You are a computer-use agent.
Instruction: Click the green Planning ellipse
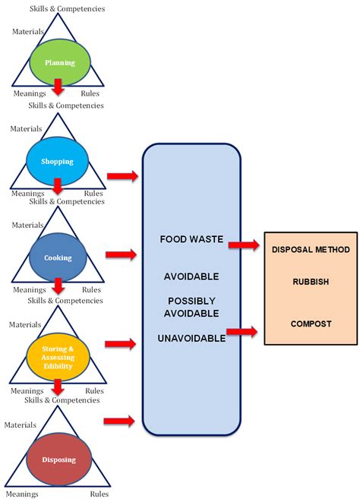coord(59,63)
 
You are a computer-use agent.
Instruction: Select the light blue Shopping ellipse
coord(58,161)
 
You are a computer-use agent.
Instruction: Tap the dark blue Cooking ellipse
coord(58,257)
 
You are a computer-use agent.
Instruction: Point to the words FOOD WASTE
coord(191,238)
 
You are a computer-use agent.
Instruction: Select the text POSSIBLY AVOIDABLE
coord(194,307)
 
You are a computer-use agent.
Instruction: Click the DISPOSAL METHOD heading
coord(311,249)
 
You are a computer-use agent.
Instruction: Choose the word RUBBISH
coord(311,282)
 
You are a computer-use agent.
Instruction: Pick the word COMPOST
coord(311,324)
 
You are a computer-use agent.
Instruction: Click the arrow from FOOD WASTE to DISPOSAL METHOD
coord(244,245)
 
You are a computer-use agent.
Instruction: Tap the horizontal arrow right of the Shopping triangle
coord(122,177)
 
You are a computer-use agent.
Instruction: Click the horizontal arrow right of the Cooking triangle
coord(122,254)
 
